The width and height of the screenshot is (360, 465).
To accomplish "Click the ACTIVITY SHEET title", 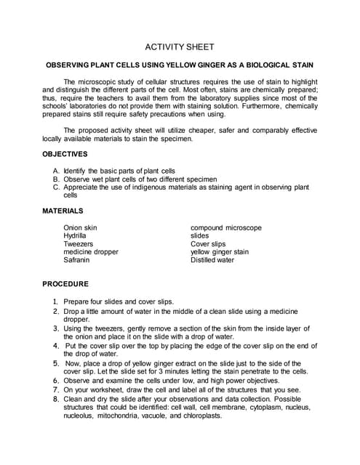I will (180, 46).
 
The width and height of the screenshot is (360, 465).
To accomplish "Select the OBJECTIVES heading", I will (65, 154).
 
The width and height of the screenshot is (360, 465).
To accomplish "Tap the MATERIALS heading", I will (63, 211).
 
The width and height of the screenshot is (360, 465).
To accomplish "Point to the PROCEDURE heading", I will (65, 284).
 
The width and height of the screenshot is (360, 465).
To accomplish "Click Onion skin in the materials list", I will (80, 227).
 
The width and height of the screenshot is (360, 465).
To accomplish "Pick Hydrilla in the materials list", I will (75, 235).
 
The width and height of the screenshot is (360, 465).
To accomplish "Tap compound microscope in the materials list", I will (225, 227).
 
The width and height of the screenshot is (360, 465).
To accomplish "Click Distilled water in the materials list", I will (212, 259).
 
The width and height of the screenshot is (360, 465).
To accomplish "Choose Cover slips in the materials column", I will (208, 243).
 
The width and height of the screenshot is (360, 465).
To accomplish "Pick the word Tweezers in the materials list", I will (79, 243).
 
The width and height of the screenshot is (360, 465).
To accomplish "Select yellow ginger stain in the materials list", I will (220, 251).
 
